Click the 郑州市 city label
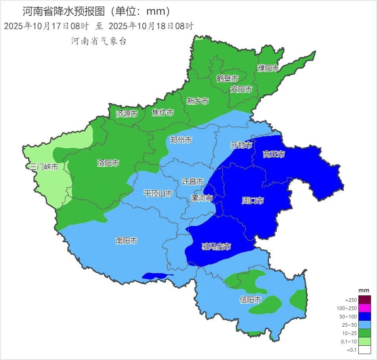click(x=181, y=140)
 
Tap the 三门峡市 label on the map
click(x=44, y=167)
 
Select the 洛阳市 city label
click(x=108, y=163)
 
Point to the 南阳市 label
click(x=126, y=241)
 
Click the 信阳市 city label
click(x=251, y=300)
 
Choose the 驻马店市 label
click(x=216, y=247)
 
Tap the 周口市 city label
click(x=253, y=201)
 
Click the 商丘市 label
click(x=274, y=154)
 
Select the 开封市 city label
click(x=241, y=145)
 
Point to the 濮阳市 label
click(x=268, y=68)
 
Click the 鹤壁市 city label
click(x=228, y=78)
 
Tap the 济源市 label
click(x=127, y=114)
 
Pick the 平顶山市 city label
click(x=158, y=193)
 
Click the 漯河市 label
click(x=202, y=198)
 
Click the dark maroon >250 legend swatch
click(x=365, y=300)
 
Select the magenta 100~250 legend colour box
click(x=365, y=308)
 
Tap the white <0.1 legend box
click(x=365, y=350)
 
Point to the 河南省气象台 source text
click(x=99, y=41)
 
